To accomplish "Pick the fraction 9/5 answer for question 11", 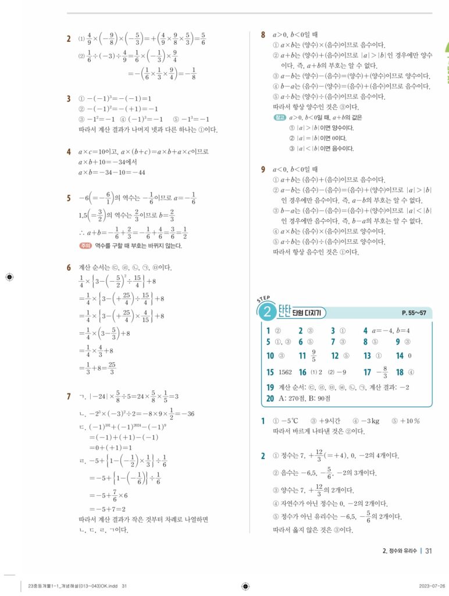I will (314, 356).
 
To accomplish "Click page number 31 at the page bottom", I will (429, 550).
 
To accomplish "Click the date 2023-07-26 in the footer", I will (432, 586).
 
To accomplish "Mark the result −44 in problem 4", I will (137, 173).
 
